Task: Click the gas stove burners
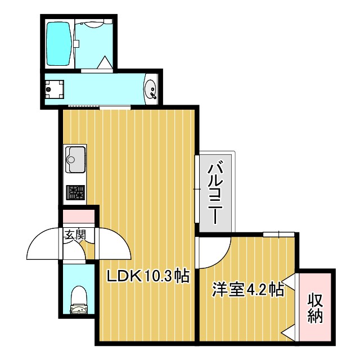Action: (x=75, y=192)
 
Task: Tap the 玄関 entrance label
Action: (x=74, y=236)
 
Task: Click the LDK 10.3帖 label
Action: (x=147, y=276)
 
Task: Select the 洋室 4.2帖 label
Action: (x=247, y=290)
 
